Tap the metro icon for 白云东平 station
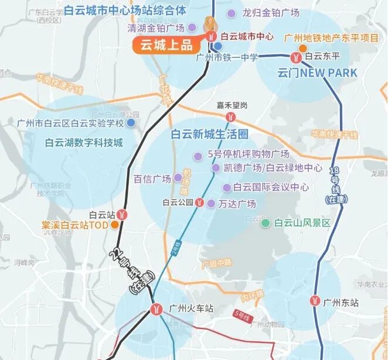coord(297,57)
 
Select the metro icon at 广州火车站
coord(156,308)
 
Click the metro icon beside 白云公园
coord(200,203)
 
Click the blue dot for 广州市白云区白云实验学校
coord(131,123)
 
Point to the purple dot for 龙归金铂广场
coord(233,13)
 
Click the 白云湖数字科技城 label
coord(84,143)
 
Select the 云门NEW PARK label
coord(317,73)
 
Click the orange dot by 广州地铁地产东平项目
coord(302,48)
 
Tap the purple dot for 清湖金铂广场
coord(192,28)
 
